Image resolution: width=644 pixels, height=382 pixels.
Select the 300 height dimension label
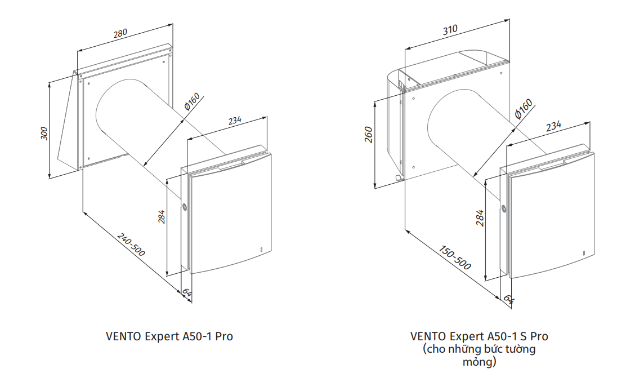(44, 133)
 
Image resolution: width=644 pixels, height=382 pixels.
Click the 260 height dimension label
(369, 135)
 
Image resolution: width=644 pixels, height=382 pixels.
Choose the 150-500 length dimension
(455, 256)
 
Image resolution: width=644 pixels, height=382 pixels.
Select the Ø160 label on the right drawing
(523, 109)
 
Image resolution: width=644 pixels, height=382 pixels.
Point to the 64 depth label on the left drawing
(186, 292)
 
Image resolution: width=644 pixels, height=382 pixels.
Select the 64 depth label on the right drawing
(508, 299)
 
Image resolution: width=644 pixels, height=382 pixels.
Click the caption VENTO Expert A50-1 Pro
(169, 336)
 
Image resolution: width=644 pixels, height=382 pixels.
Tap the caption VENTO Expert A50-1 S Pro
(479, 336)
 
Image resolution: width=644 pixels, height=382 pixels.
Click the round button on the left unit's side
(185, 207)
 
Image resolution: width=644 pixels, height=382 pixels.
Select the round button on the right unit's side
(504, 208)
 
